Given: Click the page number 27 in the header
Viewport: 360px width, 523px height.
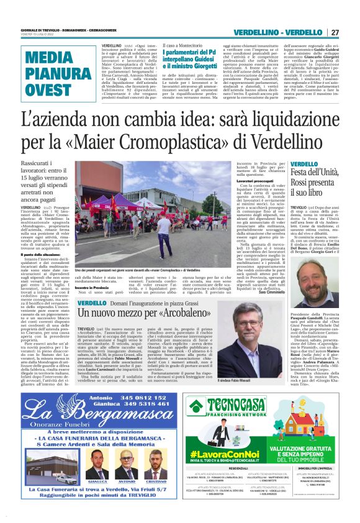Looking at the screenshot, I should tap(335, 32).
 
